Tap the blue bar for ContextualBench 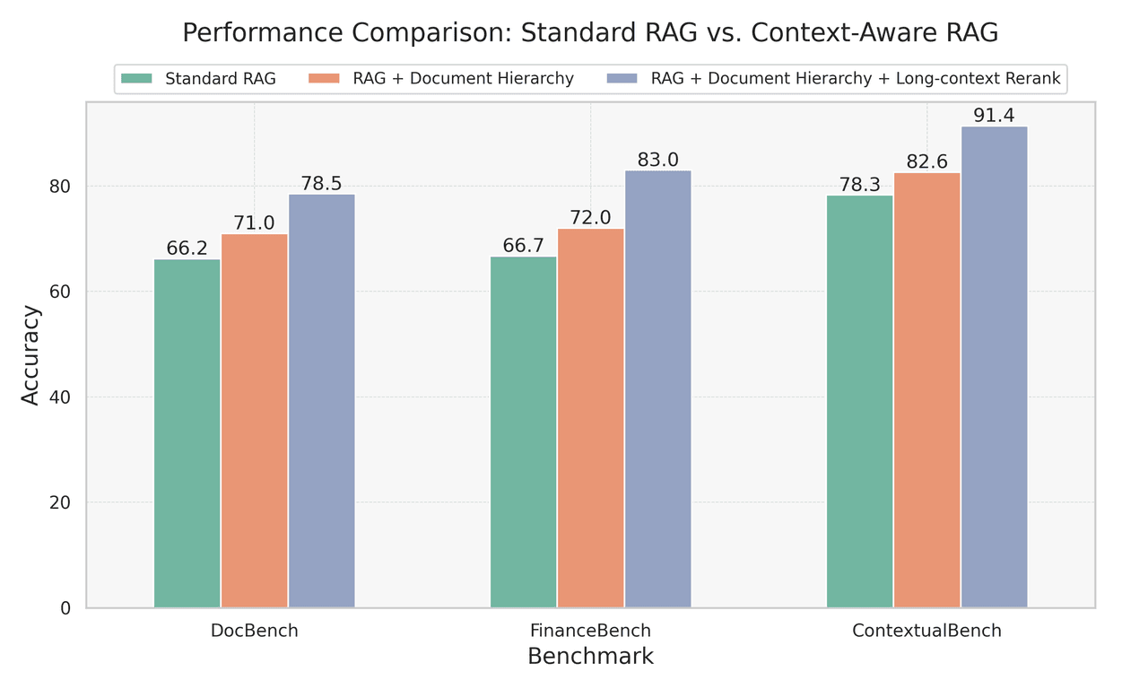pyautogui.click(x=994, y=367)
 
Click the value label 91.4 pyautogui.click(x=994, y=116)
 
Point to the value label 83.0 pyautogui.click(x=658, y=160)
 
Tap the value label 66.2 pyautogui.click(x=187, y=249)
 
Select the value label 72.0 pyautogui.click(x=591, y=218)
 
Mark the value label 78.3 pyautogui.click(x=859, y=185)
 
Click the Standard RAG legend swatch pyautogui.click(x=139, y=78)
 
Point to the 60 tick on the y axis pyautogui.click(x=60, y=292)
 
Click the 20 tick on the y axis pyautogui.click(x=60, y=502)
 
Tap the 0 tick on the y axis pyautogui.click(x=65, y=608)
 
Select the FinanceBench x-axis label pyautogui.click(x=591, y=631)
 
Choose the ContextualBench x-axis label pyautogui.click(x=926, y=631)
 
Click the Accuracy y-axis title pyautogui.click(x=30, y=355)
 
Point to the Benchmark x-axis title pyautogui.click(x=591, y=657)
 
